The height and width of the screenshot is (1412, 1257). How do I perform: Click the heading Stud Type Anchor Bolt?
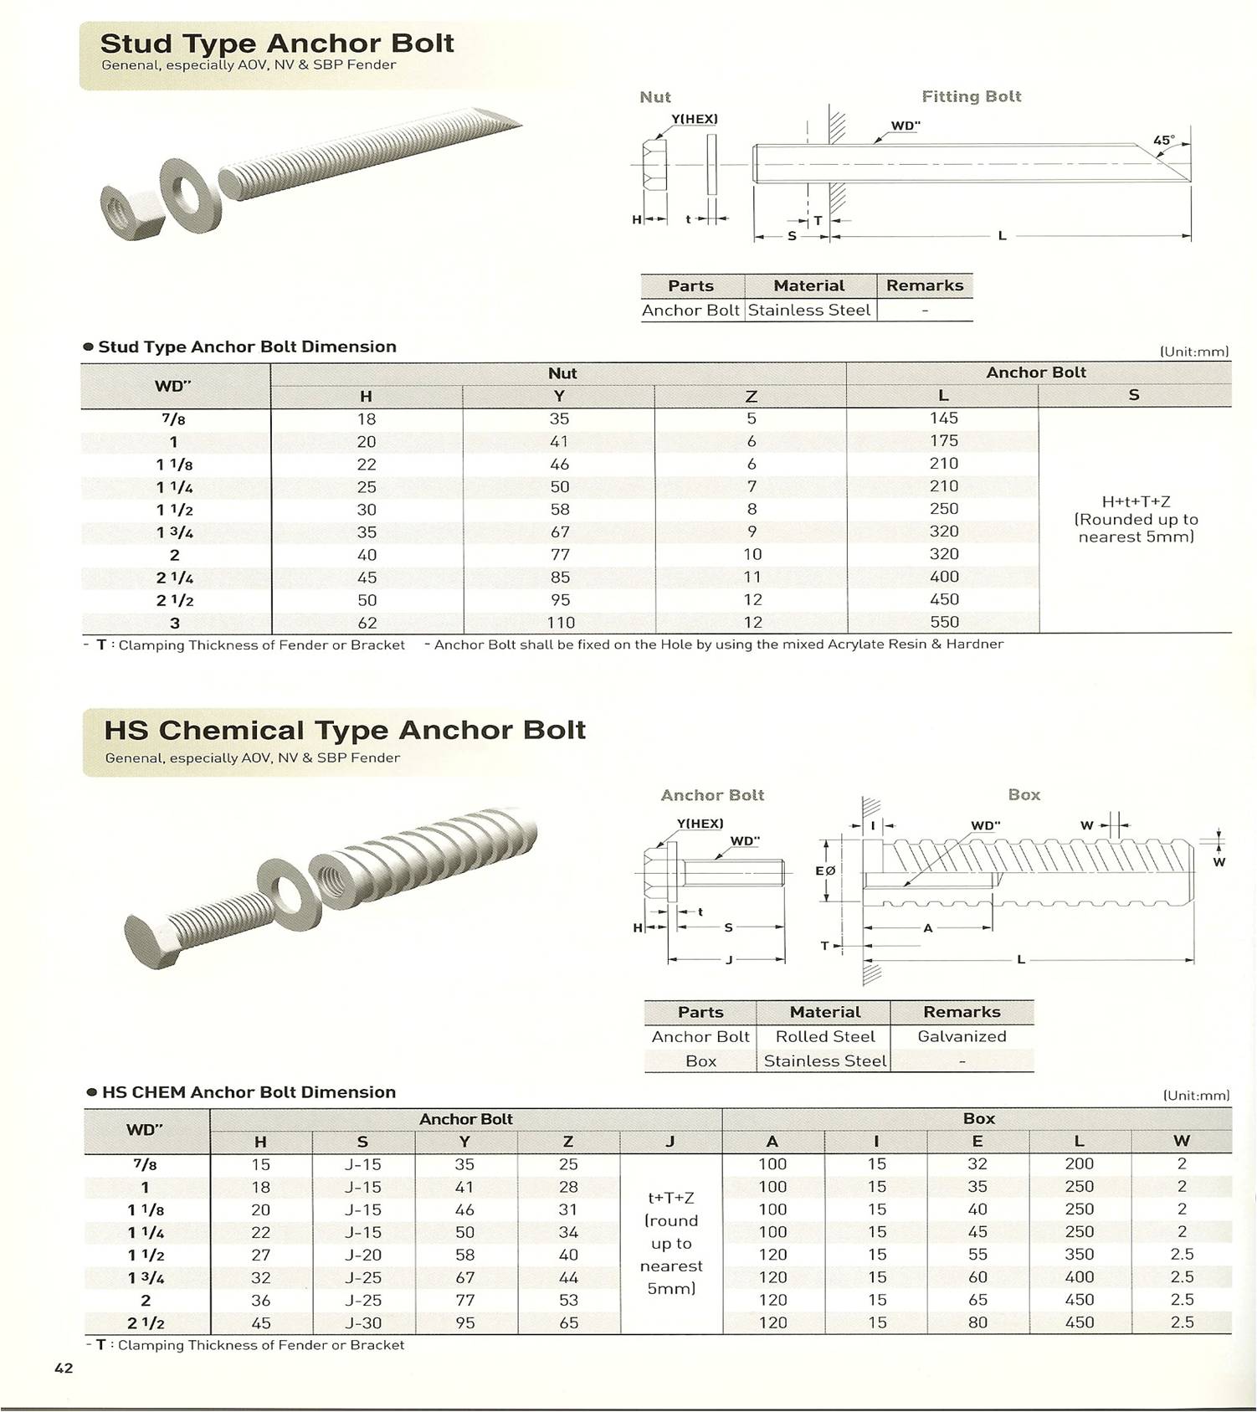point(276,44)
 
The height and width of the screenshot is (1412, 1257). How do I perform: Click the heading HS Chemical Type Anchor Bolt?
point(344,730)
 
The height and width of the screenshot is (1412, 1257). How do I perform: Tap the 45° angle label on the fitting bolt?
point(1163,141)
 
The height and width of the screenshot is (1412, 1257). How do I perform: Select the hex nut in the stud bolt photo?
point(132,211)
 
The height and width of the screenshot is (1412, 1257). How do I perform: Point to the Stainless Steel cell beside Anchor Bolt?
point(809,311)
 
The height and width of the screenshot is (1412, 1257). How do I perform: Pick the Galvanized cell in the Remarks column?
point(962,1036)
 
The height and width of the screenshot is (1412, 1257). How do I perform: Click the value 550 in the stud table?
point(944,622)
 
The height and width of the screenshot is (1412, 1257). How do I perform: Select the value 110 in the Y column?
point(560,623)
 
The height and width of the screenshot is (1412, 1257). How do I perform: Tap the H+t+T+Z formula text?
point(1136,502)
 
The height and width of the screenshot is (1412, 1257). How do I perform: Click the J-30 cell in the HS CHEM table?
point(362,1323)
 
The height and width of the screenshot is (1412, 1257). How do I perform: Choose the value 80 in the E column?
point(977,1323)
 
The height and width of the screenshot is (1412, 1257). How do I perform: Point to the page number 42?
point(64,1368)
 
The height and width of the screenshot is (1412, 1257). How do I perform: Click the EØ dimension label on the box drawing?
point(825,870)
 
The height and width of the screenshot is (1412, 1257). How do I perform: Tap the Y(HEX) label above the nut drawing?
point(695,119)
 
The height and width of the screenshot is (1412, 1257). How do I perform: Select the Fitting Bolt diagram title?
point(971,97)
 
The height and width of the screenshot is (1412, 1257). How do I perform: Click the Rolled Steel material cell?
point(824,1036)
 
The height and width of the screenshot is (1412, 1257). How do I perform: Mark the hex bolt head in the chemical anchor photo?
point(154,940)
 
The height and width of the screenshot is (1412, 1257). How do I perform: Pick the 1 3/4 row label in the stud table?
point(174,532)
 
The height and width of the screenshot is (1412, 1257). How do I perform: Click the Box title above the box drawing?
point(1024,795)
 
